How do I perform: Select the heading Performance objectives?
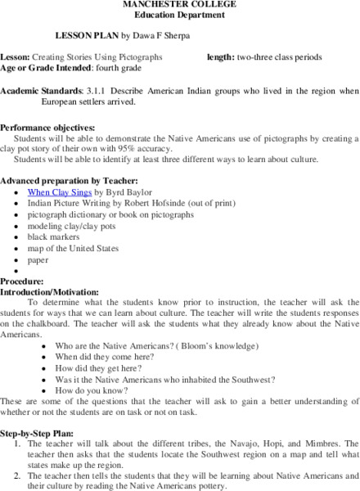[x=47, y=128]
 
